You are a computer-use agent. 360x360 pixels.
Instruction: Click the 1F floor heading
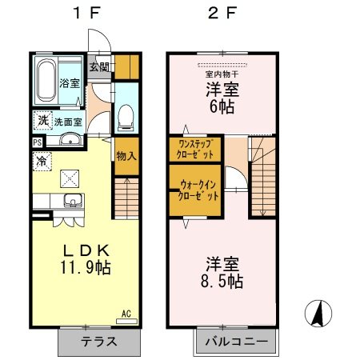coord(84,14)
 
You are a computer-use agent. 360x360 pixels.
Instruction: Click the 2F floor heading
coord(222,14)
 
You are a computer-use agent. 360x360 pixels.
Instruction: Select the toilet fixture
coord(125,118)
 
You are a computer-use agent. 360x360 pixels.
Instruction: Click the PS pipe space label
coord(38,142)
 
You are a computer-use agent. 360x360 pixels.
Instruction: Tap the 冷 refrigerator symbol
coord(40,160)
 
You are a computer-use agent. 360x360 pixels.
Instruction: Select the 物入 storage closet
coord(125,156)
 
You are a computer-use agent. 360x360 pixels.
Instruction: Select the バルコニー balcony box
coord(235,342)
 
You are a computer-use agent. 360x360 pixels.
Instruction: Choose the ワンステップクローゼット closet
coord(194,149)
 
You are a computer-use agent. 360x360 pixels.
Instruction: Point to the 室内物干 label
coord(222,74)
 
